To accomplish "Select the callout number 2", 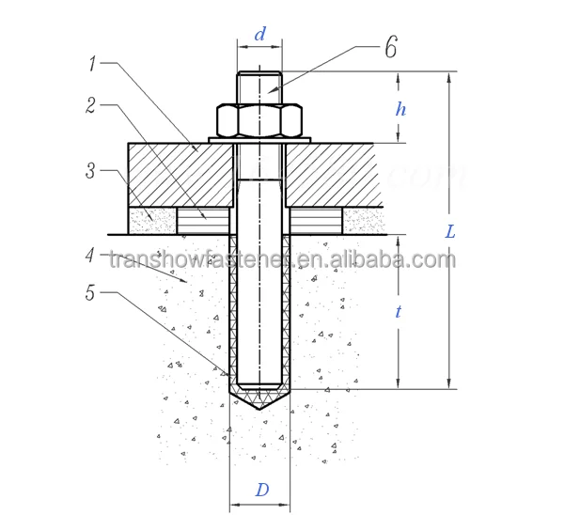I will click(91, 105).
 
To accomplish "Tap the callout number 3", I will click(89, 171).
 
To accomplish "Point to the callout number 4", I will click(89, 254).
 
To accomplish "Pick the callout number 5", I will click(90, 292).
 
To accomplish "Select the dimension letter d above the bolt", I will click(260, 35).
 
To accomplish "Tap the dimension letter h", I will click(400, 109).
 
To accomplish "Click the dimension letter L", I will click(450, 231).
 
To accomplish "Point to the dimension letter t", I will click(399, 312).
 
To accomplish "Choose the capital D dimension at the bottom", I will click(262, 490).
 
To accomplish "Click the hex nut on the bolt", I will click(259, 119).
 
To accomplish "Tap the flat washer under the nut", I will click(259, 139).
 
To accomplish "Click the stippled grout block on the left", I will click(152, 222).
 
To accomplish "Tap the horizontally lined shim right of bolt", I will click(315, 222).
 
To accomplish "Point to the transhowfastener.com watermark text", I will click(282, 259).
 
